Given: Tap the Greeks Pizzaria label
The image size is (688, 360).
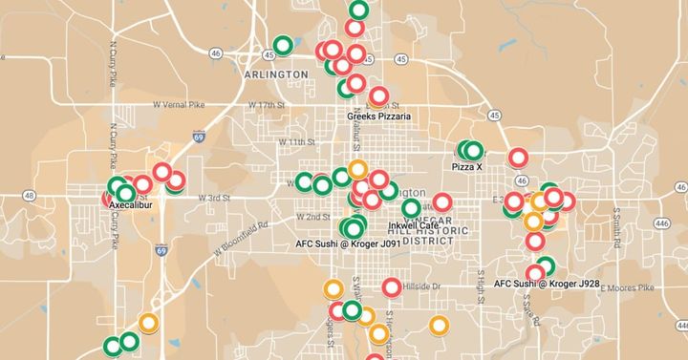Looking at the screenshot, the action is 378,116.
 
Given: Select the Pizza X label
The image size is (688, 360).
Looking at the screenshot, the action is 467,167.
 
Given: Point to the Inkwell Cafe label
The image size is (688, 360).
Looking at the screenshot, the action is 414,225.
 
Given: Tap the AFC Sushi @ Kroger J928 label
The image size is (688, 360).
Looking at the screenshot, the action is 547,284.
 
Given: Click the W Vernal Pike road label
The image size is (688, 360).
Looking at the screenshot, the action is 181,105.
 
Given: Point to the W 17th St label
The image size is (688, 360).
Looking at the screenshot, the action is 268,104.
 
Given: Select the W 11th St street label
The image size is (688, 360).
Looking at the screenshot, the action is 296,141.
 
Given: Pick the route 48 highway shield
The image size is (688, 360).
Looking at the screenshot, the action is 31,196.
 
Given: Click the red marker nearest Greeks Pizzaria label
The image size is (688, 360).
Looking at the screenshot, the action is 379,96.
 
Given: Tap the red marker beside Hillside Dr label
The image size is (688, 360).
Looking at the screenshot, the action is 392,286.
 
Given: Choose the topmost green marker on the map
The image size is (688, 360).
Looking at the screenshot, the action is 358,11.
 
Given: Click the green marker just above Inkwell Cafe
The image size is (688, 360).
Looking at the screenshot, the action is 411,207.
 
